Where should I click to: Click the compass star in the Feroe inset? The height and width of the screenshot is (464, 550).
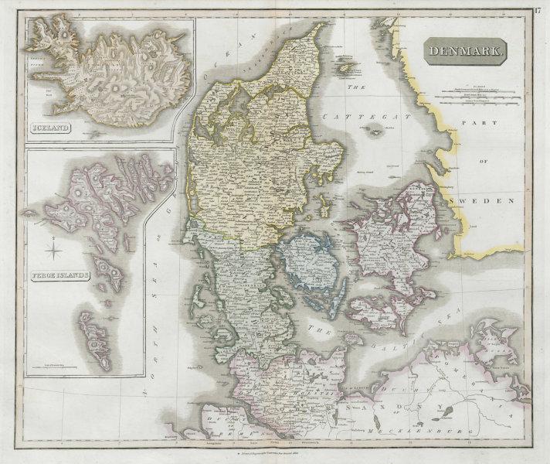coord(53,249)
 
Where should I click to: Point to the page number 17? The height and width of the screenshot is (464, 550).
coord(538,10)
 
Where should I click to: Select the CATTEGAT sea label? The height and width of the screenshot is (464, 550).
coord(349,116)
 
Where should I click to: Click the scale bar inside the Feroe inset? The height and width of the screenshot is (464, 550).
coord(46,366)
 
